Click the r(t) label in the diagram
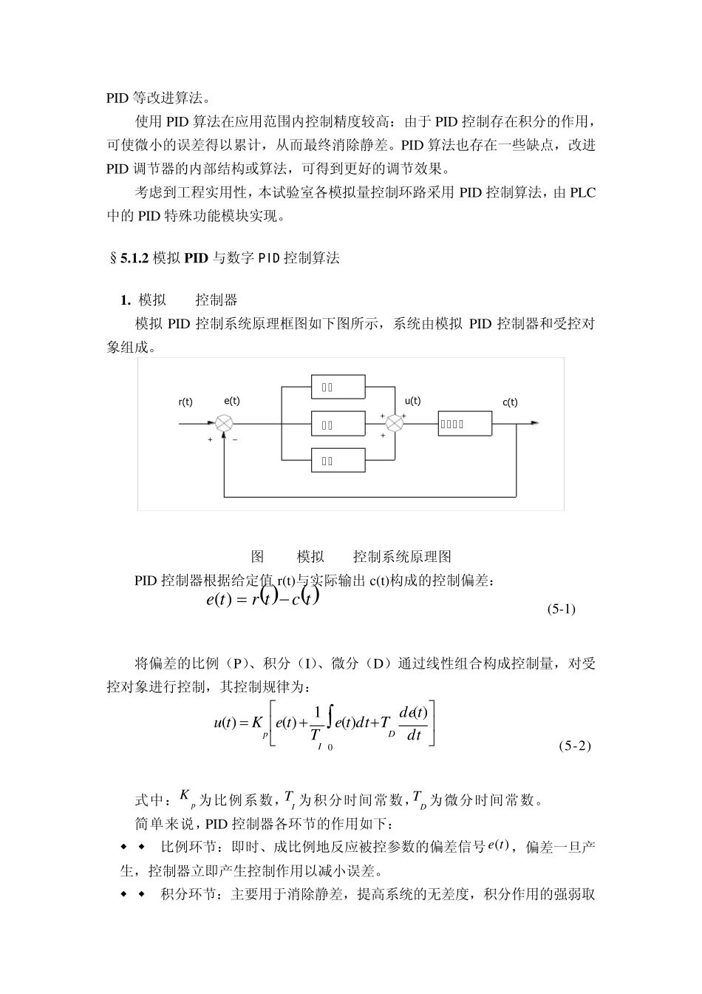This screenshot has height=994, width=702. (x=185, y=402)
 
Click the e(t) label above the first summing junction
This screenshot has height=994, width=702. (x=231, y=400)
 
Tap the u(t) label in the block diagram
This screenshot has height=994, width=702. (x=412, y=400)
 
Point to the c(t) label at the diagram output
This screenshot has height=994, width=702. (x=510, y=402)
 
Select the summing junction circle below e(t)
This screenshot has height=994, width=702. (x=224, y=424)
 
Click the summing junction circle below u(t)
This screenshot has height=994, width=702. (x=395, y=423)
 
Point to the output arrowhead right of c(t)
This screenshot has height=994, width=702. (x=534, y=423)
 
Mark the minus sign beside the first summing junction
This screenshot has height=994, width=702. (x=235, y=440)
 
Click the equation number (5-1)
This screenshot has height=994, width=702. (x=561, y=609)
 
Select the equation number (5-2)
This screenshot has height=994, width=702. (x=574, y=745)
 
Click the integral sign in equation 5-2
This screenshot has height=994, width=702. (x=330, y=723)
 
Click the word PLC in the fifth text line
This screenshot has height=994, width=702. (x=582, y=193)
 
